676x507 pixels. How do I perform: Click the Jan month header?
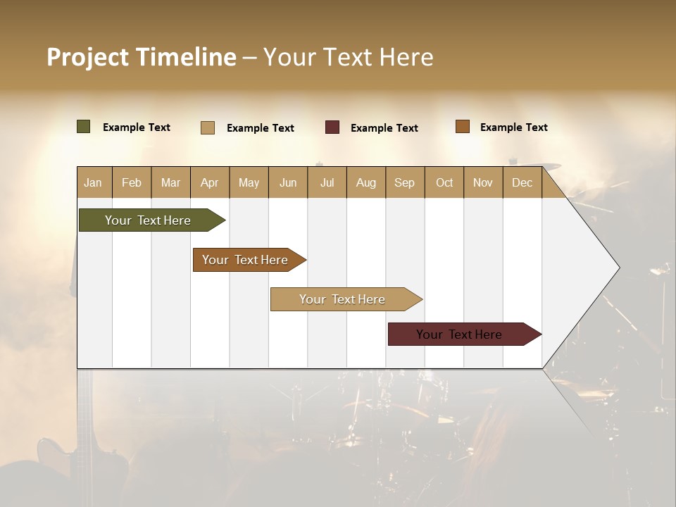(93, 182)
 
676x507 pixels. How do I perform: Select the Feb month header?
(132, 182)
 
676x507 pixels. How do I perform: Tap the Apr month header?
(209, 182)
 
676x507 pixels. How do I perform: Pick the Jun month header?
(288, 182)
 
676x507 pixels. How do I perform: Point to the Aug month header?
(365, 182)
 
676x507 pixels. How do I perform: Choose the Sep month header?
(404, 182)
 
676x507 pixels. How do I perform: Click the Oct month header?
(444, 182)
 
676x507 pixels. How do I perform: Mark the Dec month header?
(522, 182)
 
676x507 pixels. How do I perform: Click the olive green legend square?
(84, 127)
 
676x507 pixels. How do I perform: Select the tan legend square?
(208, 127)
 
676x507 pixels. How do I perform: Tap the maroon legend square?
(332, 127)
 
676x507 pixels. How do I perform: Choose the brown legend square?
(463, 127)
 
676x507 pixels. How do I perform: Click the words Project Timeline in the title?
(142, 57)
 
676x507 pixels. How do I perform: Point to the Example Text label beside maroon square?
(384, 128)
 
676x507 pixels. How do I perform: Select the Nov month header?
(483, 182)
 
